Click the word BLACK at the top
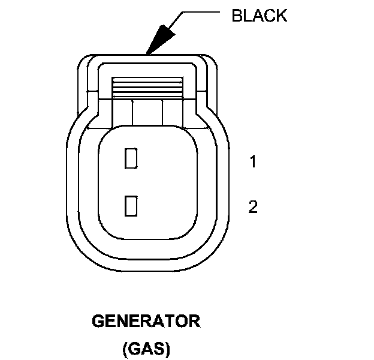(259, 16)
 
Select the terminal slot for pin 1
(131, 158)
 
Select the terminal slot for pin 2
(131, 206)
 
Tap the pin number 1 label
(253, 161)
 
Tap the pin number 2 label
(253, 207)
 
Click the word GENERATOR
(146, 322)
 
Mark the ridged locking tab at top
(147, 87)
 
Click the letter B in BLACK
(236, 16)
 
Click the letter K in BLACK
(282, 16)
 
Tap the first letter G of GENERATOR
(98, 322)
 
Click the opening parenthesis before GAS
(125, 348)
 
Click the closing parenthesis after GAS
(168, 348)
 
